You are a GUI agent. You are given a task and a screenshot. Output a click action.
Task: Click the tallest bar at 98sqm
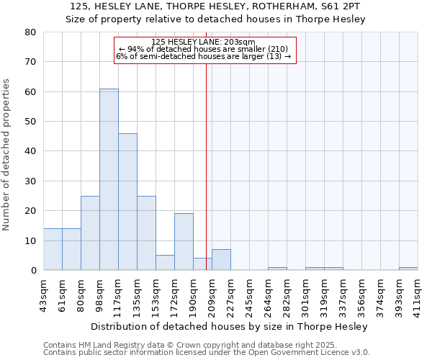[109, 179]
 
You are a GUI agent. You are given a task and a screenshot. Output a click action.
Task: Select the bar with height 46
[127, 202]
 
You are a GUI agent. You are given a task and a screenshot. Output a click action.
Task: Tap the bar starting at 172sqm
[184, 241]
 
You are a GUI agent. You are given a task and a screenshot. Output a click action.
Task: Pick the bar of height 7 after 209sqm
[221, 260]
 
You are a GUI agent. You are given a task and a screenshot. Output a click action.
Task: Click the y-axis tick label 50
[32, 122]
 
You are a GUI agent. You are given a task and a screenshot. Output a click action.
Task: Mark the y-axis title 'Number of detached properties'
[6, 151]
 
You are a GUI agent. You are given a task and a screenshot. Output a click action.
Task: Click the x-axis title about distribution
[230, 326]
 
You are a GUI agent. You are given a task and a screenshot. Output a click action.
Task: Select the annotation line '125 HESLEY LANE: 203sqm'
[204, 42]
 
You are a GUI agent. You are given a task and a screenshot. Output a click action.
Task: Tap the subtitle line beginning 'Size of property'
[215, 19]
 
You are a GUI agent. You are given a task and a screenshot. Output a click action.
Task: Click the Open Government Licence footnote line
[207, 353]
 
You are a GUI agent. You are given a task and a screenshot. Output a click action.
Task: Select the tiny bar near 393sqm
[408, 269]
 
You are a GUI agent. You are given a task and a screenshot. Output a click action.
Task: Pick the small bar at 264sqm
[277, 269]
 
